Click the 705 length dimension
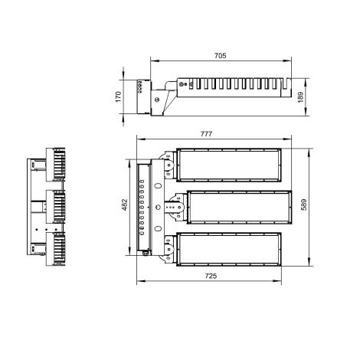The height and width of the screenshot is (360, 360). (219, 56)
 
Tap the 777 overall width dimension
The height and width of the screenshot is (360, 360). (206, 135)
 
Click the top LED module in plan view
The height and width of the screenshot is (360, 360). (229, 164)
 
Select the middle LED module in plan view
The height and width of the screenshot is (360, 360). (238, 207)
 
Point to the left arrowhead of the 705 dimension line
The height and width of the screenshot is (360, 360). (152, 61)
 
